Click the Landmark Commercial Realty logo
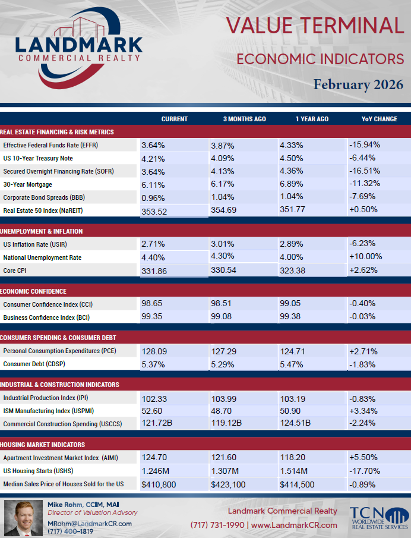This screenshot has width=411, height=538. coord(79,48)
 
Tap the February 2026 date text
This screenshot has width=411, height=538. coord(358,84)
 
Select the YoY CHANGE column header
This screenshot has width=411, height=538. coord(379,119)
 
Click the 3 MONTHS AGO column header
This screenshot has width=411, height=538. coord(245,119)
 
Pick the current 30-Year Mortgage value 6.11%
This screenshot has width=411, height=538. coord(153,185)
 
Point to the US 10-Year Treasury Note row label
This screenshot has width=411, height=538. coord(38,158)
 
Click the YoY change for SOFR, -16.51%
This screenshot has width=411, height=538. coord(365,171)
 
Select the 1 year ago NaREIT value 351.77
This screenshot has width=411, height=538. coord(292,209)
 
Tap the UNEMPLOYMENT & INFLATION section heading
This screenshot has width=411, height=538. coord(42,231)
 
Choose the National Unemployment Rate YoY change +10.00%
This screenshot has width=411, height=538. coord(365,256)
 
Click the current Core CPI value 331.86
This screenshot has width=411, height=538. coord(154,271)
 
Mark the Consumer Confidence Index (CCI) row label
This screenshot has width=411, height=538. coord(48,304)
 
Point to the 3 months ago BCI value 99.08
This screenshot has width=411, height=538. coord(221,316)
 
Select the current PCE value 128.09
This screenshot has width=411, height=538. coord(154,351)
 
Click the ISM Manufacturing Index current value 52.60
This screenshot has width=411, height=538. coord(152,411)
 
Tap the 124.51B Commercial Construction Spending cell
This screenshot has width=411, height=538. coord(295,423)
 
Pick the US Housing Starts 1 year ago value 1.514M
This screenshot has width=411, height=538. coord(293,471)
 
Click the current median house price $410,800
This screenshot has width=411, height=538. coord(159,484)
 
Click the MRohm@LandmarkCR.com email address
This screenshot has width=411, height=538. coord(90,524)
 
